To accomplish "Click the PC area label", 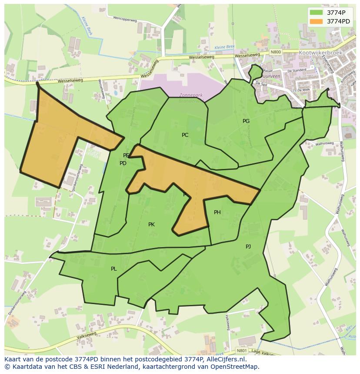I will tap(185, 135).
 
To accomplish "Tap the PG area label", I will tap(246, 121).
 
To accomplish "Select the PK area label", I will tap(151, 225).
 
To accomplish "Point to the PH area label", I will tap(217, 212).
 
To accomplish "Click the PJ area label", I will tap(248, 246).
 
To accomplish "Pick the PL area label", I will tap(113, 269).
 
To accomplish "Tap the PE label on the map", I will tap(126, 156).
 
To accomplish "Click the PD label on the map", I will tap(123, 163).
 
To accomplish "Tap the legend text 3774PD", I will tap(339, 21).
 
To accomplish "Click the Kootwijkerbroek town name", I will tap(321, 53).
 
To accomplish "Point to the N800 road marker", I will tap(276, 52).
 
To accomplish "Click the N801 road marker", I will tap(242, 351).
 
